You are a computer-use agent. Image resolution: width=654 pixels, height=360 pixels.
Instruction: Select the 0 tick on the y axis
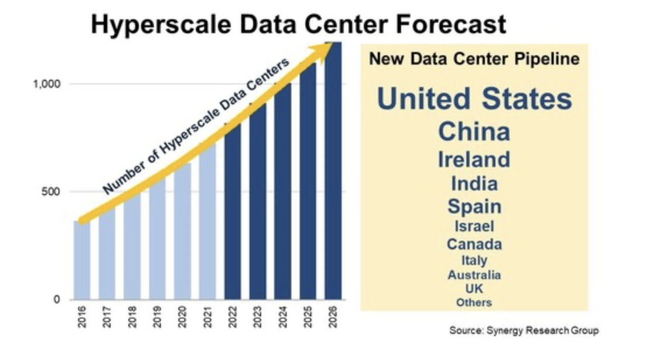tap(57, 299)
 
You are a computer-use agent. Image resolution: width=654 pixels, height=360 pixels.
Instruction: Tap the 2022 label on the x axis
tap(233, 317)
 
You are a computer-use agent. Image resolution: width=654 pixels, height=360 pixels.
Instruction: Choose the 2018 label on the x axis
tap(132, 317)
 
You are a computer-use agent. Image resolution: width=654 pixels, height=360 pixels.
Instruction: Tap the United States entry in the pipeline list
tap(474, 99)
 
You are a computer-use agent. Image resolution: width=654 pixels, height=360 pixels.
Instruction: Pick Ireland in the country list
tap(474, 159)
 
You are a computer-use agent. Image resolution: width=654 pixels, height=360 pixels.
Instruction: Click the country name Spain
tap(474, 206)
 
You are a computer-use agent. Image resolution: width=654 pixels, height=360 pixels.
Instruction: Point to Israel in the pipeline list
tap(474, 225)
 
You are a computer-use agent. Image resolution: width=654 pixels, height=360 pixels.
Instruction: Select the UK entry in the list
tap(474, 288)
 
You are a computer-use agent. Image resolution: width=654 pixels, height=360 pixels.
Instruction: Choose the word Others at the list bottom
tap(474, 302)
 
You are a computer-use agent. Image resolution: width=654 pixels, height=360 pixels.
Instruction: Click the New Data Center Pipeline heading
tap(474, 59)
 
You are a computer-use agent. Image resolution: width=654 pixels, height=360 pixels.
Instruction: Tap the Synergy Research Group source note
tap(523, 330)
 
